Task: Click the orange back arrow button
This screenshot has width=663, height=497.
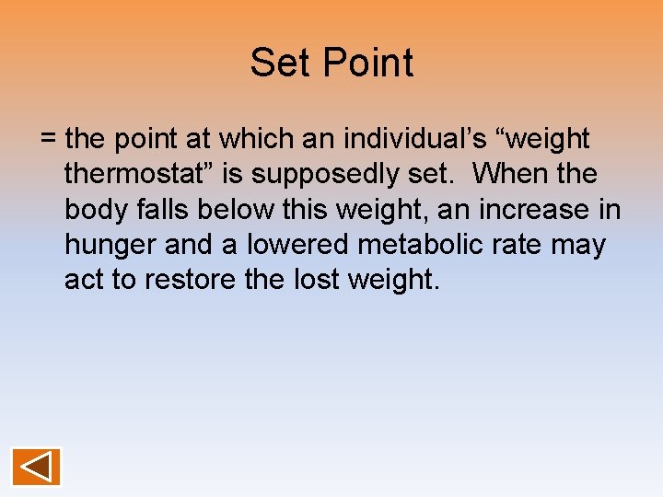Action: [x=37, y=467]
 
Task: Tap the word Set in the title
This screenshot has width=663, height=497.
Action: [x=278, y=64]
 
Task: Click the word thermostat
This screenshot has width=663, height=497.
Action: [x=149, y=174]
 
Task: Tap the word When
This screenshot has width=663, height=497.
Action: [x=508, y=174]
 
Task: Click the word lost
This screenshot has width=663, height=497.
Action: [x=309, y=281]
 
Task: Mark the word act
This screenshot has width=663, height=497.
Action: [x=84, y=281]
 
